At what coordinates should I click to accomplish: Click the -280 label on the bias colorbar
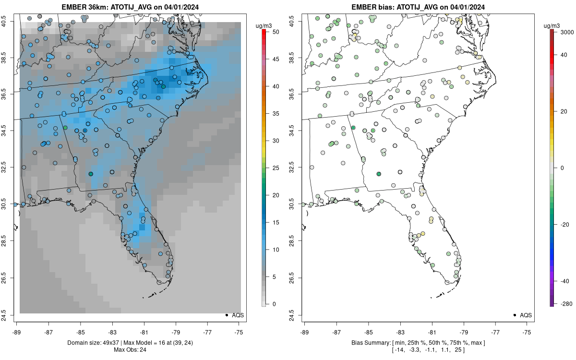point(564,303)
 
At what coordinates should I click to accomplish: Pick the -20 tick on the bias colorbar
point(564,224)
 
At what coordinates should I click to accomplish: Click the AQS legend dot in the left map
point(226,315)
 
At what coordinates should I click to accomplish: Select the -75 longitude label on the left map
point(240,332)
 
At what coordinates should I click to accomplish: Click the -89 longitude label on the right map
point(304,332)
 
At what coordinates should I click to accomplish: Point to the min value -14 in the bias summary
point(399,349)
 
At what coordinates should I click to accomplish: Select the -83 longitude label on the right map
point(400,332)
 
